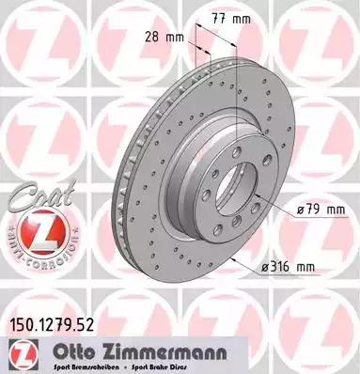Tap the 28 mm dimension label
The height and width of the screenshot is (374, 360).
[168, 39]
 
